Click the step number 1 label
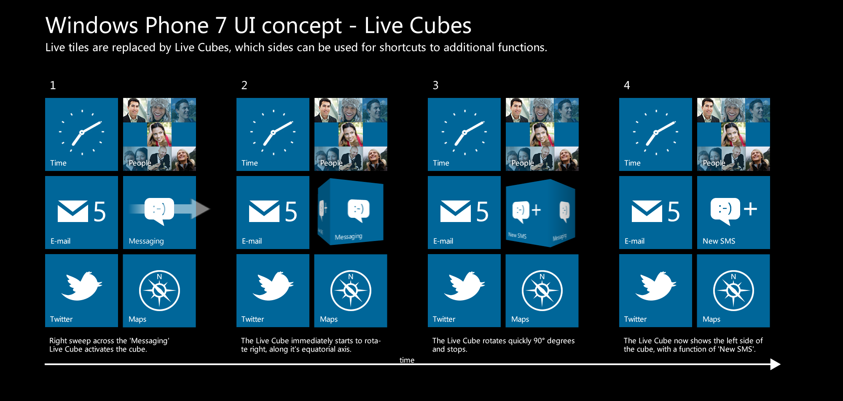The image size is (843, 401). pyautogui.click(x=53, y=85)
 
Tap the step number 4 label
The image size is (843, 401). pyautogui.click(x=627, y=85)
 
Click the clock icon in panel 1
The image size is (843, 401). pyautogui.click(x=82, y=132)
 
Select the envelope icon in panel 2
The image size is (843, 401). pyautogui.click(x=264, y=211)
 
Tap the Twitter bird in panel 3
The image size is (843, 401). pyautogui.click(x=464, y=286)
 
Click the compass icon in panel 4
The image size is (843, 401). pyautogui.click(x=733, y=290)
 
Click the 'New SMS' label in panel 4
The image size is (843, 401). pyautogui.click(x=719, y=241)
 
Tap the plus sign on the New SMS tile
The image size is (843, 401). pyautogui.click(x=750, y=209)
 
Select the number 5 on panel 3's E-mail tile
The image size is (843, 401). pyautogui.click(x=482, y=211)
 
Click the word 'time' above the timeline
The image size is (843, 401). pyautogui.click(x=407, y=360)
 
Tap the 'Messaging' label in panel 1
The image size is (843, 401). pyautogui.click(x=146, y=241)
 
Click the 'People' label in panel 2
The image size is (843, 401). pyautogui.click(x=331, y=163)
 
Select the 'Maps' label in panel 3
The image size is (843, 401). pyautogui.click(x=520, y=319)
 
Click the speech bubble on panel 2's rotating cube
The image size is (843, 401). pyautogui.click(x=358, y=210)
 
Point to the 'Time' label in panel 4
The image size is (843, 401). pyautogui.click(x=632, y=163)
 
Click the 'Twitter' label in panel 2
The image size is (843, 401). pyautogui.click(x=252, y=319)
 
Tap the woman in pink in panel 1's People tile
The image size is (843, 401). pyautogui.click(x=159, y=134)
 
